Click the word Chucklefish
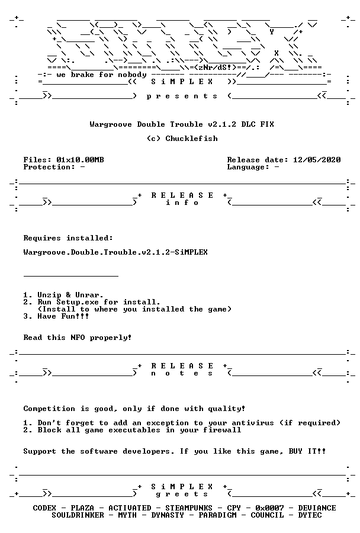pos(191,139)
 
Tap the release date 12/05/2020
pos(317,160)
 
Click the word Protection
pos(47,167)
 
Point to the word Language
pos(246,167)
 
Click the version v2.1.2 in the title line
pos(222,124)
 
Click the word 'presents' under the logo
pos(182,96)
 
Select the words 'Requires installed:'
pos(68,238)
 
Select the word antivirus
pos(253,423)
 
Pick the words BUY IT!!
pos(307,451)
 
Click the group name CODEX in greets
pos(44,508)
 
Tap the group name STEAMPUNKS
pos(189,508)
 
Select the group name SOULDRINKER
pos(78,515)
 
